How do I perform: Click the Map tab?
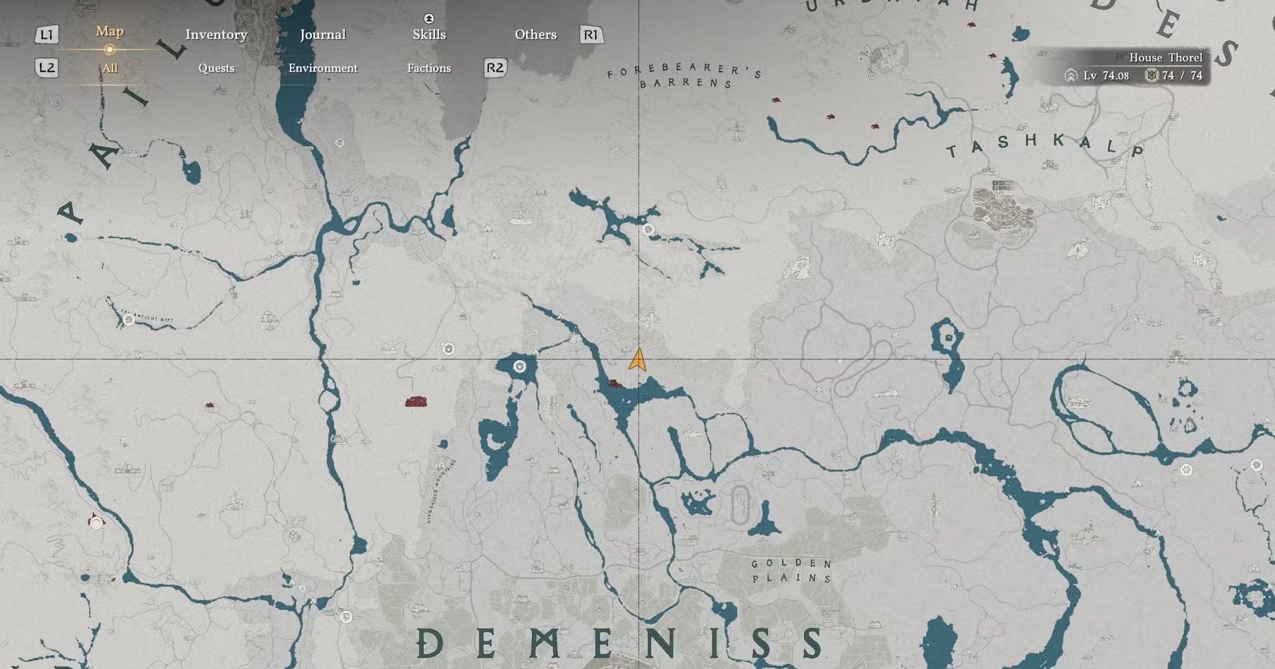point(110,31)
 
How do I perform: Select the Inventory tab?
point(216,34)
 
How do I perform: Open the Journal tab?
point(322,34)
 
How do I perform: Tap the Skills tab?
point(429,34)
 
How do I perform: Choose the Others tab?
point(535,34)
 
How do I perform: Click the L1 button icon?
point(47,34)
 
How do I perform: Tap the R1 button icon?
point(591,34)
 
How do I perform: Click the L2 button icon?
point(47,67)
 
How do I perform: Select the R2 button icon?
point(495,67)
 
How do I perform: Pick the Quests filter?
point(216,68)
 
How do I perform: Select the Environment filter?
point(322,68)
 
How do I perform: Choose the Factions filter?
point(429,68)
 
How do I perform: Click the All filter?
point(110,68)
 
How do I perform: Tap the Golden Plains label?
point(791,571)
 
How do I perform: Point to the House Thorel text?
point(1165,57)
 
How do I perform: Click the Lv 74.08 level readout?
point(1106,75)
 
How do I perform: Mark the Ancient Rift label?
point(148,316)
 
